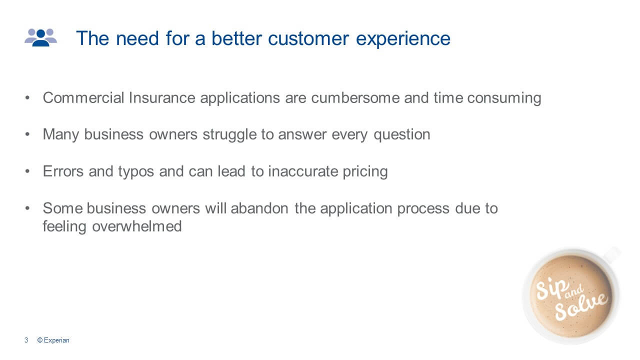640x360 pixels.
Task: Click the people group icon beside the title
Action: tap(40, 37)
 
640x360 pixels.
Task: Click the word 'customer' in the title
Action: tap(308, 38)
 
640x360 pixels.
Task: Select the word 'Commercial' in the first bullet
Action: tap(83, 97)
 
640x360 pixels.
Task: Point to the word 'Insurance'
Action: tap(162, 97)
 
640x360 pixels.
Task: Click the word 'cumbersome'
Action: tap(355, 97)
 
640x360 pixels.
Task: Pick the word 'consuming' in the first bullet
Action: tap(504, 98)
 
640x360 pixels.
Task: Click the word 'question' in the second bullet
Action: tap(401, 135)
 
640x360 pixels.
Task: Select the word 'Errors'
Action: tap(63, 171)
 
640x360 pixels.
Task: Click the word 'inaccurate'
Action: tap(303, 171)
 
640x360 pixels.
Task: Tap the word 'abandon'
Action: tap(259, 208)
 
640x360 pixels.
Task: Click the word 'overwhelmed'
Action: tap(137, 226)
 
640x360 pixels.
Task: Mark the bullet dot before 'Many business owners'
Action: tap(27, 134)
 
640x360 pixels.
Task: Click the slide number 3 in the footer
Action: tap(26, 340)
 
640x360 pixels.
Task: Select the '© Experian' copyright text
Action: tap(53, 340)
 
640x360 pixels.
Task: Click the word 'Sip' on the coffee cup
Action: tap(550, 290)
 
